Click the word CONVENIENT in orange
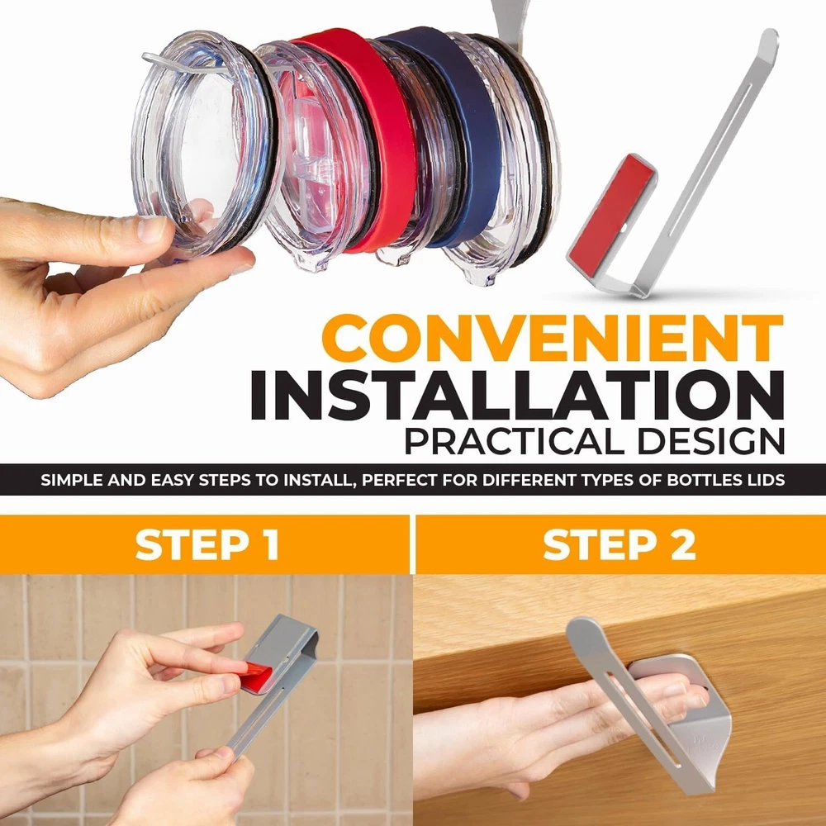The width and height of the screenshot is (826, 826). (x=553, y=338)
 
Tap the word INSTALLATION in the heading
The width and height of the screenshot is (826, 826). (x=517, y=395)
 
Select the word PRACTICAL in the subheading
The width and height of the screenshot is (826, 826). (x=516, y=440)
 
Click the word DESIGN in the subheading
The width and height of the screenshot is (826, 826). (x=711, y=440)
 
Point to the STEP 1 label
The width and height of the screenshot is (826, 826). (x=207, y=544)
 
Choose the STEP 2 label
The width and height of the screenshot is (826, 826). (x=619, y=544)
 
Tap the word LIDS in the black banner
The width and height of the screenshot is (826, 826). (x=762, y=481)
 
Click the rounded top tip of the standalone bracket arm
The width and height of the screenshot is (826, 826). (x=769, y=39)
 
